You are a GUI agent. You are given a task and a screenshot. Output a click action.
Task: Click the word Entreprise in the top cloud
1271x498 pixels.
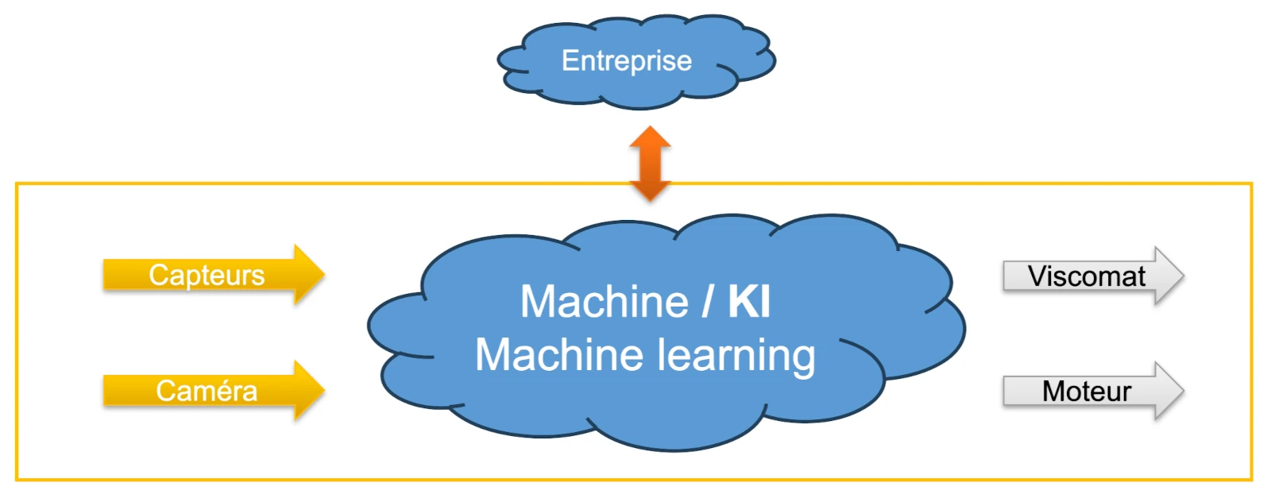(626, 61)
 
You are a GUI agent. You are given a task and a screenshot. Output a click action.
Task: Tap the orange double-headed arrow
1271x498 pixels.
(650, 164)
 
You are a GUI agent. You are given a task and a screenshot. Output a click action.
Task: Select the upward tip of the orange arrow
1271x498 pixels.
(650, 129)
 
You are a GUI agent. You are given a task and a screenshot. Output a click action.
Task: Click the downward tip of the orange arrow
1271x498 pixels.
(650, 199)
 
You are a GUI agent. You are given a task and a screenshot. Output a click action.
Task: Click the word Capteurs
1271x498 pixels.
(207, 276)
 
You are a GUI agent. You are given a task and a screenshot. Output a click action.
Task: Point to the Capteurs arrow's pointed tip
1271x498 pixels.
(323, 275)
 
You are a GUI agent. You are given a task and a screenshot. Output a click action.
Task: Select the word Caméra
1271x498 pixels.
(207, 391)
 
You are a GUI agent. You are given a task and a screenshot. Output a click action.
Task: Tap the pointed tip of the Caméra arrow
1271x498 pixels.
(323, 390)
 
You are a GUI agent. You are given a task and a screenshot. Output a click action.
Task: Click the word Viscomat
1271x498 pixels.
(1086, 276)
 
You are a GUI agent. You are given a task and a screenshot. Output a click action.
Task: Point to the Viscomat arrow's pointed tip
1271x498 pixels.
(1182, 276)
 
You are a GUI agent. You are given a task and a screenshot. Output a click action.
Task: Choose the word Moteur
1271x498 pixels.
(1086, 392)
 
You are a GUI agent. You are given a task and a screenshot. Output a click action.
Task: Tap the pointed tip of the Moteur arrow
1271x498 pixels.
(1182, 391)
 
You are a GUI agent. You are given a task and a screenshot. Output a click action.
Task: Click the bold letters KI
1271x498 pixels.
(748, 303)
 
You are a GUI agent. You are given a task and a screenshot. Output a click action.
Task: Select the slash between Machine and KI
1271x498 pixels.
(707, 303)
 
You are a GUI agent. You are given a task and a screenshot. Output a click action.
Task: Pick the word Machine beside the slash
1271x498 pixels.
(604, 303)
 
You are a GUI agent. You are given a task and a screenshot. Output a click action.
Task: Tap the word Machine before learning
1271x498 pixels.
(558, 355)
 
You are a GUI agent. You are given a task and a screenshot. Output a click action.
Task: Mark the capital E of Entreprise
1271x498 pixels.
(569, 61)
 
